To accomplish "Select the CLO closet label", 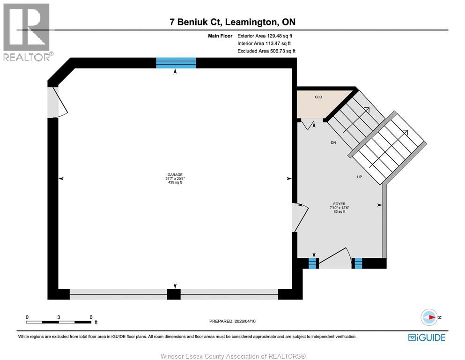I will point(318,97).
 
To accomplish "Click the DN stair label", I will point(333,142).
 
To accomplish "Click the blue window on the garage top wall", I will point(176,62).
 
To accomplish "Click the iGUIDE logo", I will point(427,337).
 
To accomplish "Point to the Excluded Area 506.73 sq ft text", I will point(266,51).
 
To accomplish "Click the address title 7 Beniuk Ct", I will point(232,22).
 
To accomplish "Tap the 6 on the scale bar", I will point(90,317).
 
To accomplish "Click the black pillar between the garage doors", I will point(174,294).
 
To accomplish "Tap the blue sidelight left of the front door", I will point(313,263).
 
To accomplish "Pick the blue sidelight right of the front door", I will point(358,263).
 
